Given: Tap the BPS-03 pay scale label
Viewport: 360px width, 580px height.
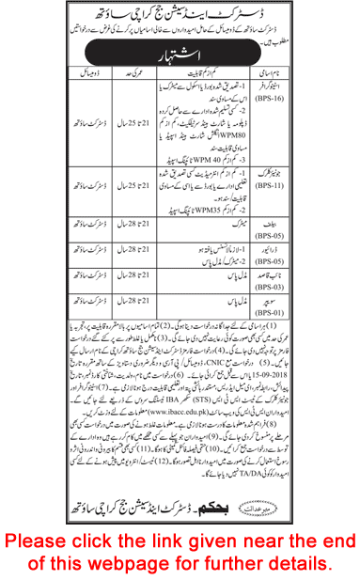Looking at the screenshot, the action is coord(319,274).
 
